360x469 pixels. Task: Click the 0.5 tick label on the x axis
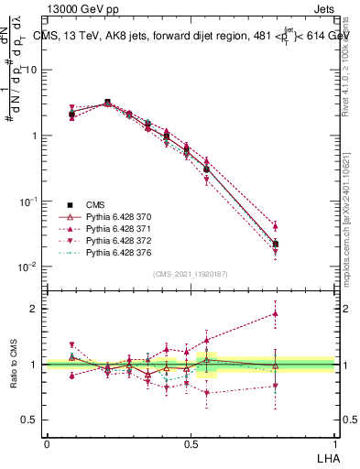coord(190,442)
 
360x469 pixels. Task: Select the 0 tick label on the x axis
coord(47,442)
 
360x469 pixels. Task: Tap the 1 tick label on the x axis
coord(333,442)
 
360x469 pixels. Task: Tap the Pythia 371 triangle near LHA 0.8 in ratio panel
coord(276,313)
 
